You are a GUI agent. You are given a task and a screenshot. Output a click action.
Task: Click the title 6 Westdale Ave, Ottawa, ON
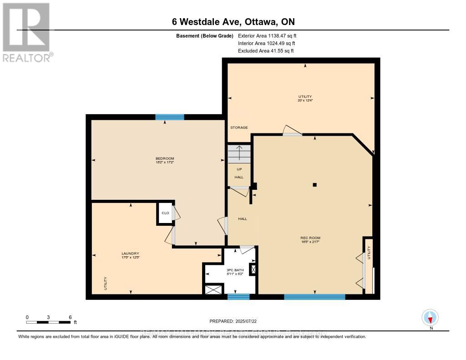(x=233, y=22)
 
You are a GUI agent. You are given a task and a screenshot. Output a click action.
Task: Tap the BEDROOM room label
(x=165, y=158)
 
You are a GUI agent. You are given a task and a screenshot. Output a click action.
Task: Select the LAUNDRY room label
(x=130, y=254)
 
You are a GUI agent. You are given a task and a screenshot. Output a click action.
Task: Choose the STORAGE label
(x=238, y=127)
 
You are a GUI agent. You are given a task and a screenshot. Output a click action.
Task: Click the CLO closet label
(x=164, y=213)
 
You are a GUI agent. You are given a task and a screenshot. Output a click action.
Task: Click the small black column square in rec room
(x=314, y=185)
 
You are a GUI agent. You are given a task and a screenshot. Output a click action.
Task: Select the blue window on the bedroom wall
(x=169, y=117)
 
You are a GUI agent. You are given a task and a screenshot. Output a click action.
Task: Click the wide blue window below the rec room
(x=314, y=297)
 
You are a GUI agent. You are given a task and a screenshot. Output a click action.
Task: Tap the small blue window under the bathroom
(x=238, y=297)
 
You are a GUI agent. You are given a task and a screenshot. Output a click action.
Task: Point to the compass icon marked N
(x=430, y=317)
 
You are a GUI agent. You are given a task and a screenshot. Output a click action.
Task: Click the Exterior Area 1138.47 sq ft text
(x=267, y=35)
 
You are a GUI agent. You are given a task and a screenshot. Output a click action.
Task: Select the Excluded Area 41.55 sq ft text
(x=266, y=51)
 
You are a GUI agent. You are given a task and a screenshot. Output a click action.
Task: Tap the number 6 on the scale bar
(x=70, y=317)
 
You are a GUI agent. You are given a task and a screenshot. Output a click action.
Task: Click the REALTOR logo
(x=26, y=32)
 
